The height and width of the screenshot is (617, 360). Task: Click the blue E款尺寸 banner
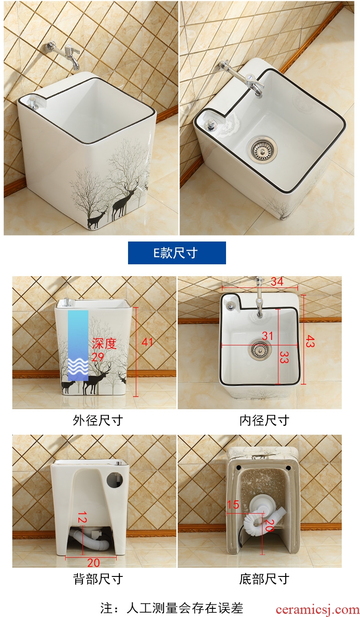pos(177,253)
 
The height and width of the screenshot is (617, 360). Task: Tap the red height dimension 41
pos(147,342)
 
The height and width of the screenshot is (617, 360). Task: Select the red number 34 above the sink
pos(277,282)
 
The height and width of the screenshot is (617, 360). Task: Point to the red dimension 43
pos(310,341)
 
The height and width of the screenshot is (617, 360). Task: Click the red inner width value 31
pos(267,336)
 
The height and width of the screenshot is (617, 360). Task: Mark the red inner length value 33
pos(284,357)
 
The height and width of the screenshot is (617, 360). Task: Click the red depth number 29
pos(98,357)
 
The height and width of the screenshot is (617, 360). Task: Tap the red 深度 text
pos(104,344)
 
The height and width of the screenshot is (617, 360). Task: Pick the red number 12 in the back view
pos(82,517)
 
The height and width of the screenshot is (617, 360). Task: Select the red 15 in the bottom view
pos(233,504)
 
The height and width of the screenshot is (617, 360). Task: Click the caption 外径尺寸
pos(98,421)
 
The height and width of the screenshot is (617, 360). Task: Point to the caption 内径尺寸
pos(264,421)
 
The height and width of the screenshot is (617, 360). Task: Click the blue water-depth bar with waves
pos(78,345)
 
